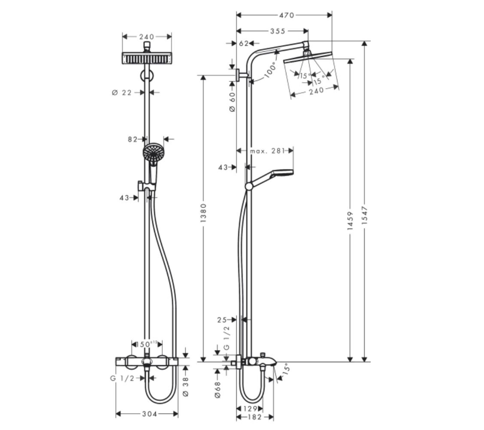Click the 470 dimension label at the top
[286, 15]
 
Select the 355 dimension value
[278, 31]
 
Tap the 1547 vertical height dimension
[365, 216]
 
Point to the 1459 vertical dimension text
[350, 221]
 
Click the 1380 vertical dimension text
[204, 213]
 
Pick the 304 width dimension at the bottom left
[149, 414]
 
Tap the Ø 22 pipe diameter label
[122, 93]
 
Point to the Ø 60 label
[232, 102]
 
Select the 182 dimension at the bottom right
[255, 417]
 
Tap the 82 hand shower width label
[133, 139]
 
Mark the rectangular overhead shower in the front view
[147, 58]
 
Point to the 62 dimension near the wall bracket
[244, 44]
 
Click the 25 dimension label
[222, 320]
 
